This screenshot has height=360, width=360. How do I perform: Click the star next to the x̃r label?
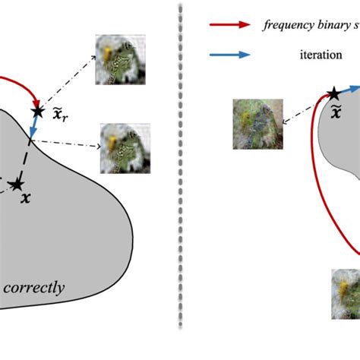click(x=37, y=111)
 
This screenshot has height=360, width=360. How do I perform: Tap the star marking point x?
click(x=17, y=183)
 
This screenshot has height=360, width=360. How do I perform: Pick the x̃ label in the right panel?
click(x=334, y=114)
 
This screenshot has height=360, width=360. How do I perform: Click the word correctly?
click(x=34, y=288)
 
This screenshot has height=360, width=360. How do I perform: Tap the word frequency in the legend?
click(x=287, y=24)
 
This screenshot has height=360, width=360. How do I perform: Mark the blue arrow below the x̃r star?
click(x=32, y=130)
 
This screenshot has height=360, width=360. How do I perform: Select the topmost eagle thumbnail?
click(x=117, y=60)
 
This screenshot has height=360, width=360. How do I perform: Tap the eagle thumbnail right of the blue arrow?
click(x=122, y=147)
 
